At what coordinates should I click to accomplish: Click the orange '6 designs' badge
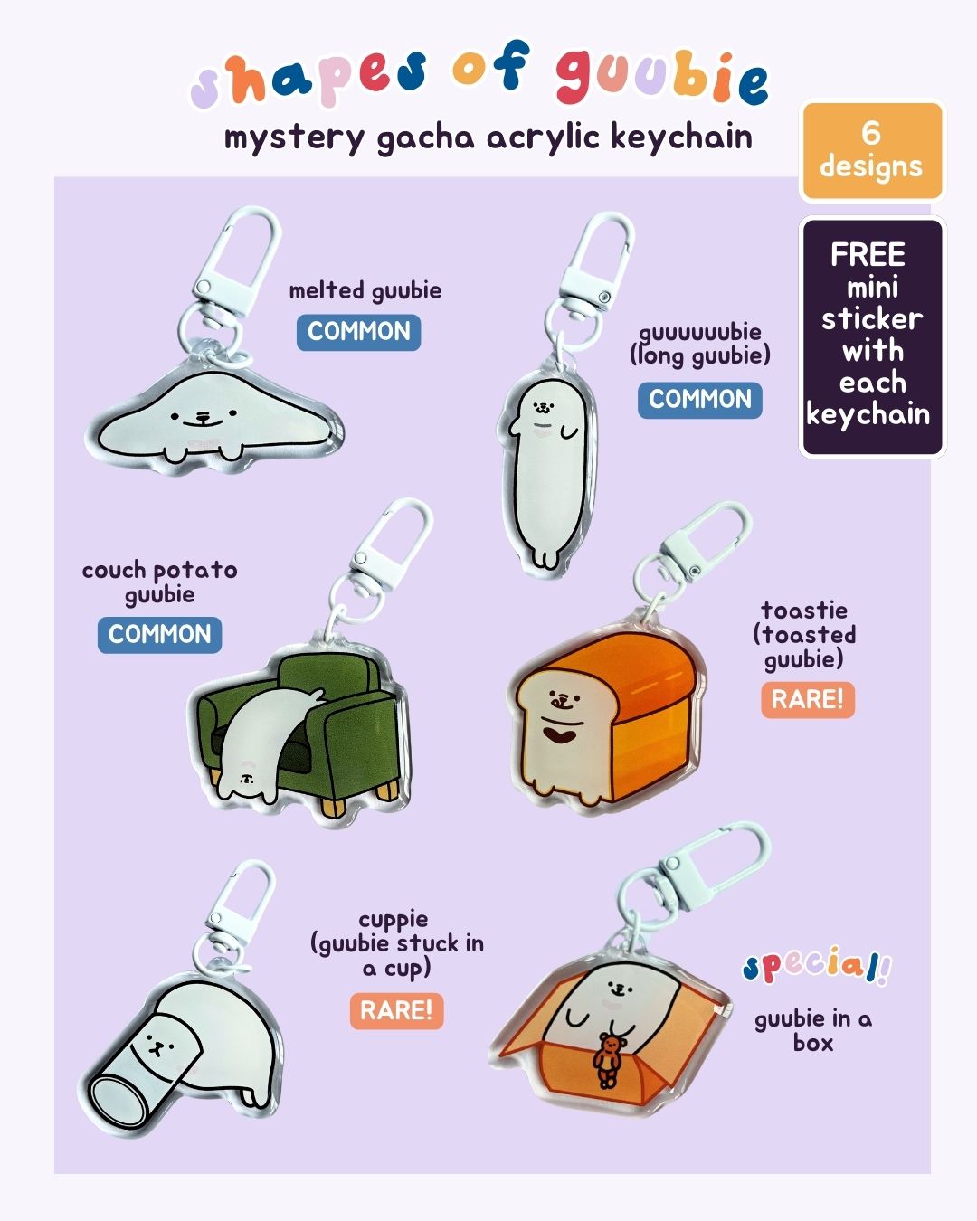point(871,150)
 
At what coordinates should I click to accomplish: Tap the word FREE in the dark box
point(868,254)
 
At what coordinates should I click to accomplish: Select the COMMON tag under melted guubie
point(359,332)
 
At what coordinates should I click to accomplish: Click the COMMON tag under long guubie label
point(700,399)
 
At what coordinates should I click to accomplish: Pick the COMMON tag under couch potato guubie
point(160,634)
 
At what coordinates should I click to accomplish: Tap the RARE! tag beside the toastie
point(807,699)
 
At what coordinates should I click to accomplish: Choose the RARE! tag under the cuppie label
point(396,1010)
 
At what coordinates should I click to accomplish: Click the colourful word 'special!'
point(816,965)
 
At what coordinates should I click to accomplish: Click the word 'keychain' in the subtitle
point(681,137)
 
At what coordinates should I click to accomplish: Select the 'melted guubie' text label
point(365,290)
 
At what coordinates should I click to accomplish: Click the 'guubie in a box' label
point(812,1030)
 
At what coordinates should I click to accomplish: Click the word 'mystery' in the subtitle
point(294,138)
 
